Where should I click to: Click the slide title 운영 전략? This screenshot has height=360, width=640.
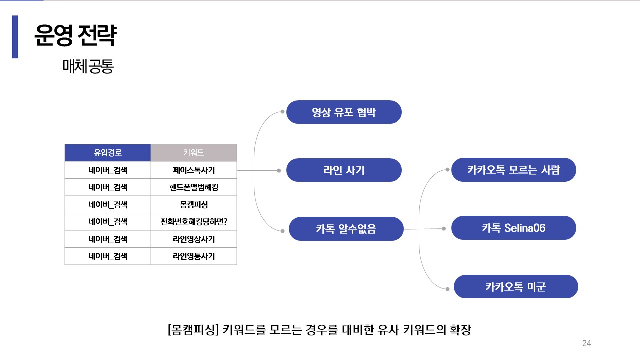[75, 35]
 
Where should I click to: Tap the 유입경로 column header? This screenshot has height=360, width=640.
[108, 153]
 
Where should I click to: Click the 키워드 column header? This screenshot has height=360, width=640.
[194, 153]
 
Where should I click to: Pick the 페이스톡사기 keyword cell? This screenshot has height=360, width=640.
[194, 170]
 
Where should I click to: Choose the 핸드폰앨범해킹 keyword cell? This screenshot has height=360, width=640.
[194, 187]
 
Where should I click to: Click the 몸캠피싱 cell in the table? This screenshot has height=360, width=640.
[194, 205]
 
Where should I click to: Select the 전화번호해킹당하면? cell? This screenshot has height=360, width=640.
[194, 222]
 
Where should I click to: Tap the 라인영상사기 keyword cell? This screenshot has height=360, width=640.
[194, 239]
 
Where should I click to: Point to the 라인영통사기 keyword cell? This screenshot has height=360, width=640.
[194, 256]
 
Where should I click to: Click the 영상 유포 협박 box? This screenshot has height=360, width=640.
[344, 112]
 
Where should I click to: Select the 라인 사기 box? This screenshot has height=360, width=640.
[344, 170]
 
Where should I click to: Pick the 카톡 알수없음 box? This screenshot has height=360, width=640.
[346, 229]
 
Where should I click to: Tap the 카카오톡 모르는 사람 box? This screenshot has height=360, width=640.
[514, 170]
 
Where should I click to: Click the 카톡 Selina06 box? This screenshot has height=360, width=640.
[514, 228]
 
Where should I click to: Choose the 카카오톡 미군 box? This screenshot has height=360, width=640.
[516, 287]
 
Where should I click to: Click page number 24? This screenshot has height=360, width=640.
[587, 343]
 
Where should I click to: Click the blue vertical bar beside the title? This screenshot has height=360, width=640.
[15, 37]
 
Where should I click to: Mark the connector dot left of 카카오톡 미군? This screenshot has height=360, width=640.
[448, 288]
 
